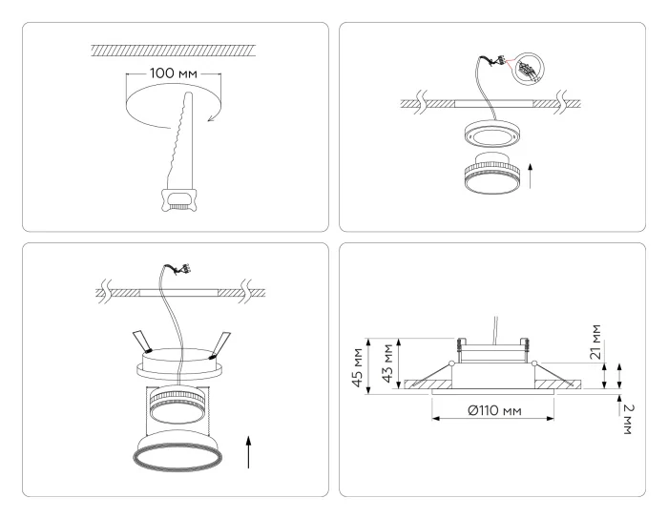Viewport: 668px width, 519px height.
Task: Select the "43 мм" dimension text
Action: (388, 363)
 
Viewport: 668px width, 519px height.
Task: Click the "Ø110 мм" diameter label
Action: (492, 411)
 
